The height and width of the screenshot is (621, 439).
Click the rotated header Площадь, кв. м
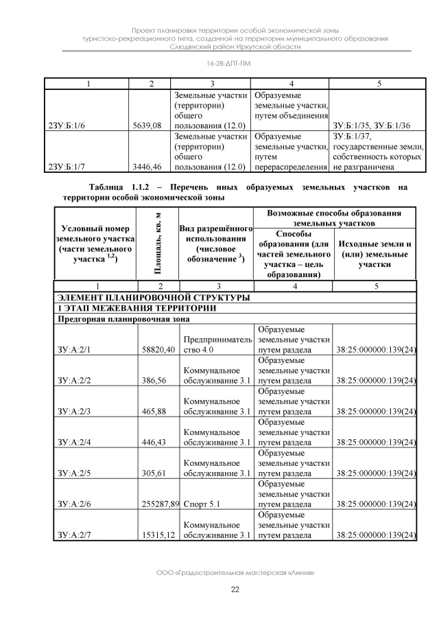point(158,242)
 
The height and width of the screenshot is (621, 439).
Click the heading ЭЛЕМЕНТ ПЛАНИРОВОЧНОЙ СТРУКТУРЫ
point(153,298)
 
